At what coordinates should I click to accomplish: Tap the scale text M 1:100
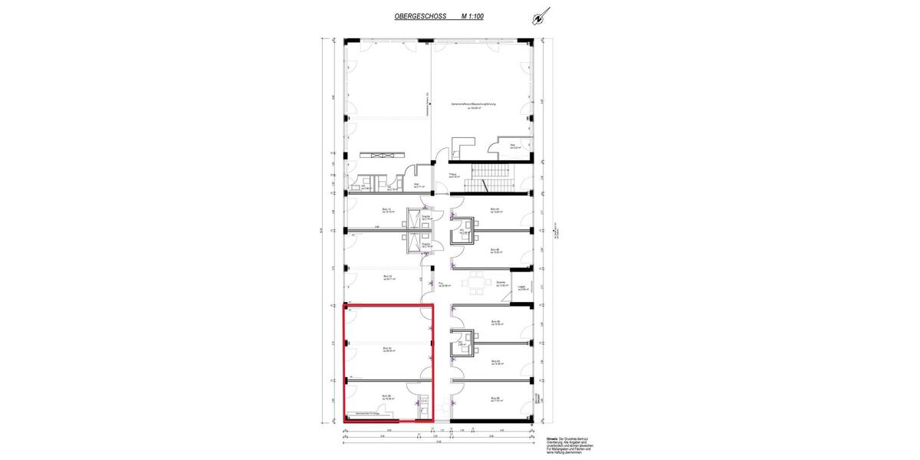click(472, 15)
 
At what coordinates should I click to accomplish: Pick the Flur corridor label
click(444, 284)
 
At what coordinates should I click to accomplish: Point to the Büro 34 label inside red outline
click(387, 350)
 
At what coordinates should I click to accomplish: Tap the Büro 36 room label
click(387, 397)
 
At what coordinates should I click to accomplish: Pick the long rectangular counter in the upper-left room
click(381, 155)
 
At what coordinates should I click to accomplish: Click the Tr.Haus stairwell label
click(453, 176)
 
